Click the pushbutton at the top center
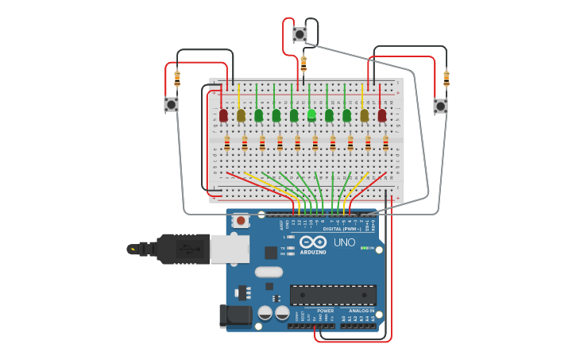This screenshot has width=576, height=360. pyautogui.click(x=300, y=34)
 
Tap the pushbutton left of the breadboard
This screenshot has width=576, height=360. pyautogui.click(x=171, y=104)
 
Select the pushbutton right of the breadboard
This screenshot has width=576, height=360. pyautogui.click(x=440, y=106)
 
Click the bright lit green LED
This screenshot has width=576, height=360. pyautogui.click(x=311, y=115)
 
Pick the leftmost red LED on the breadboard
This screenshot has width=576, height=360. pyautogui.click(x=223, y=115)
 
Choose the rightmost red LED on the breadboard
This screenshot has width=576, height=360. pyautogui.click(x=382, y=115)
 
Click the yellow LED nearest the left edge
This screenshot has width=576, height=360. pyautogui.click(x=241, y=115)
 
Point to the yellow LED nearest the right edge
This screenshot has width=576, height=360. pyautogui.click(x=365, y=115)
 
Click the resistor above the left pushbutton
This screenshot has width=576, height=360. pyautogui.click(x=177, y=79)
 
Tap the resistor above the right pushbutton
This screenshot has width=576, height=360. pyautogui.click(x=446, y=79)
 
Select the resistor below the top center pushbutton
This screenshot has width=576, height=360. pyautogui.click(x=303, y=64)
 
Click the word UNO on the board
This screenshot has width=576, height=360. pyautogui.click(x=344, y=242)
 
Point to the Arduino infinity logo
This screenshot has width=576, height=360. pyautogui.click(x=314, y=243)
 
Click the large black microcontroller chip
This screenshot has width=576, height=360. pyautogui.click(x=333, y=296)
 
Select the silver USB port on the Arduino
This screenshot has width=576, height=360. pyautogui.click(x=230, y=249)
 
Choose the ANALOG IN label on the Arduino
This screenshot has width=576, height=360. pyautogui.click(x=361, y=311)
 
